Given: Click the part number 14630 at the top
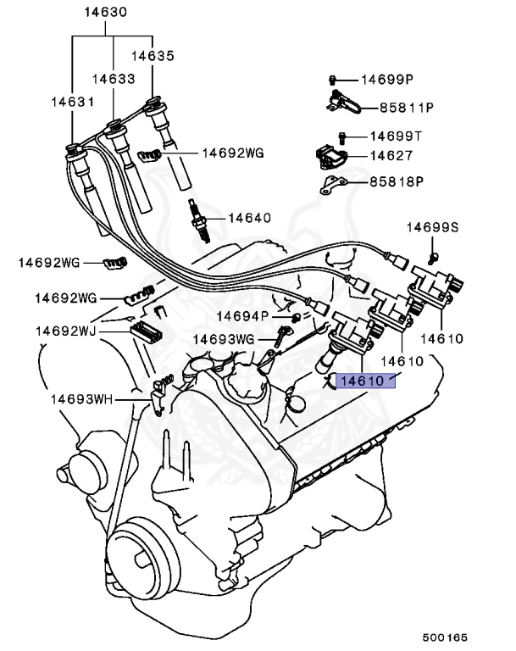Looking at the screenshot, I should pos(106,12).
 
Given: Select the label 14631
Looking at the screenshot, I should pos(70,100).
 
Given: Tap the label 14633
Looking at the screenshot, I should pos(114,79).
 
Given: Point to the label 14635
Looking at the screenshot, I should pos(153,57).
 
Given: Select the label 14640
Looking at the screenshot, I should pos(248,218).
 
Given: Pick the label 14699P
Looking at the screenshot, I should pos(387,80).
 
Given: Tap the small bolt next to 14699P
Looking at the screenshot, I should pos(334,80).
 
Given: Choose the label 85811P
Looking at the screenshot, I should pos(406,108).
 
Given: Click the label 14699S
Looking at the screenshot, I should pos(432,227).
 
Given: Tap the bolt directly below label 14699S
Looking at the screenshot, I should pos(434,255).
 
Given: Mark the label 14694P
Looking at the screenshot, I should pos(241,315).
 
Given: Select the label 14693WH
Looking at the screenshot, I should pos(80,398).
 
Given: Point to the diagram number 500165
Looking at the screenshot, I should pos(446,635).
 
